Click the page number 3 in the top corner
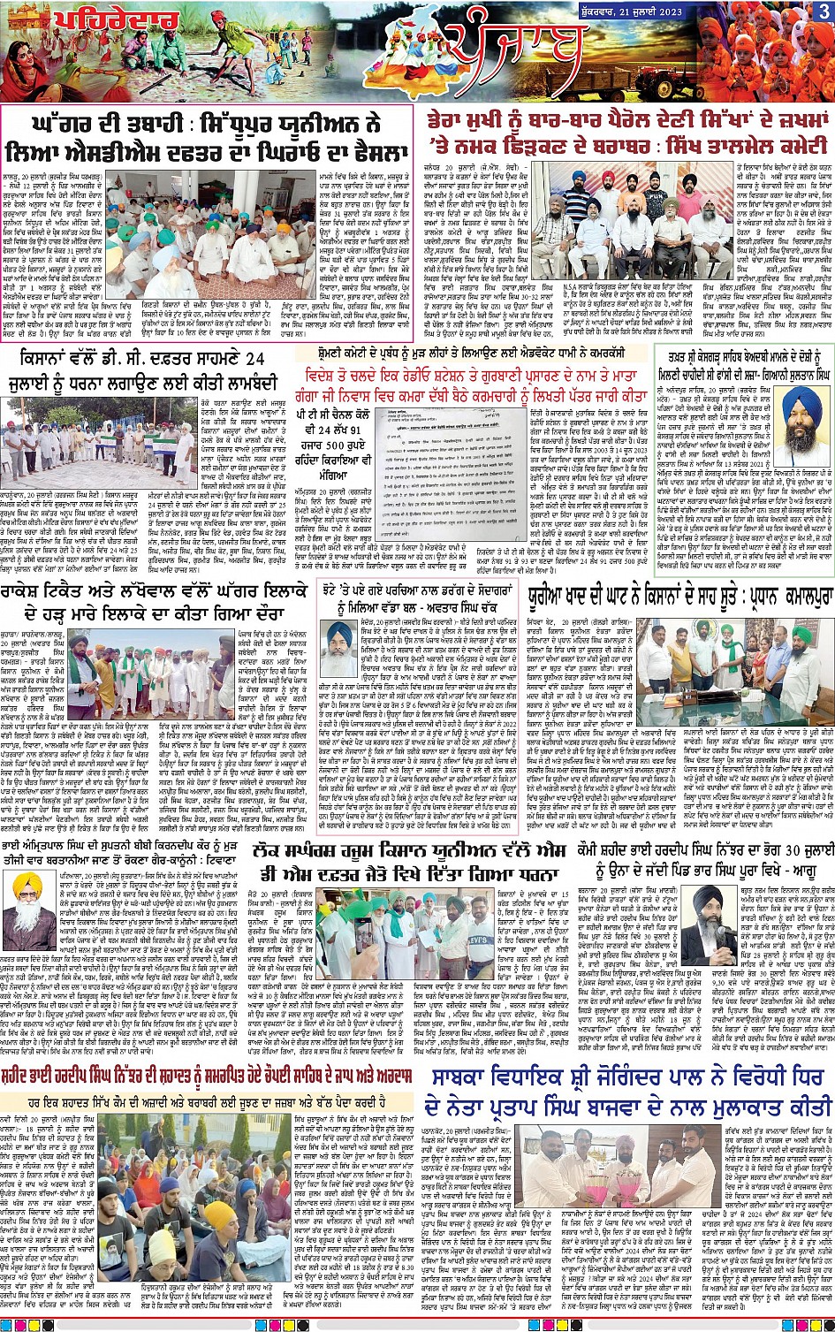coord(823,11)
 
